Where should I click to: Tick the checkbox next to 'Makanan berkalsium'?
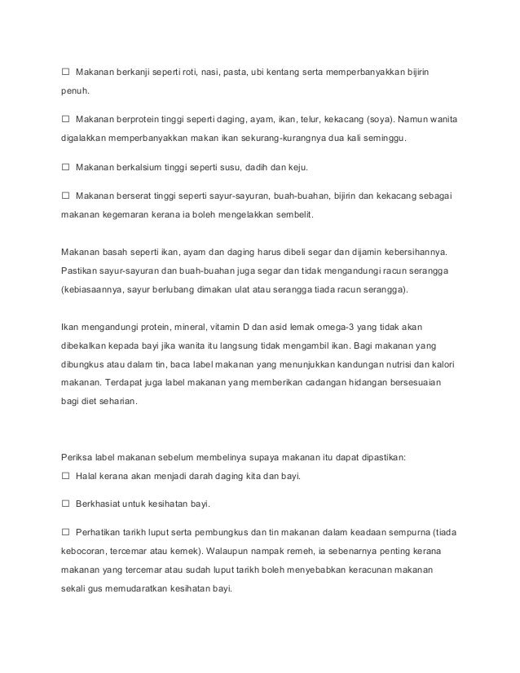click(x=65, y=168)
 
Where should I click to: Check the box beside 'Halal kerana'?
click(x=65, y=475)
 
